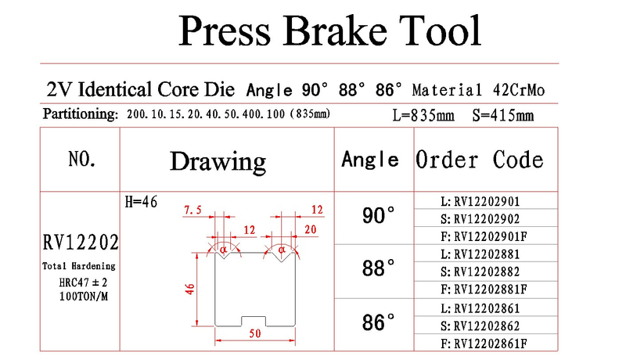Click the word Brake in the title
click(x=335, y=31)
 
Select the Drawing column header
click(x=218, y=162)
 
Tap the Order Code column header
click(x=480, y=160)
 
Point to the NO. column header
click(x=82, y=159)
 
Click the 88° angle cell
click(x=379, y=268)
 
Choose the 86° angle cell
click(x=379, y=322)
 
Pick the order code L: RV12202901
click(x=480, y=202)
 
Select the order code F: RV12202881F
click(x=484, y=289)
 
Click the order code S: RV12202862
click(x=480, y=326)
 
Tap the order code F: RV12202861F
click(x=484, y=344)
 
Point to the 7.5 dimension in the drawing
click(x=192, y=210)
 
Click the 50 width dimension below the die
click(x=255, y=333)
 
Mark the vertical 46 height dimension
click(x=189, y=290)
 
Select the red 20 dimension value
click(x=310, y=229)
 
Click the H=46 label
click(x=141, y=202)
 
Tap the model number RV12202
click(x=81, y=243)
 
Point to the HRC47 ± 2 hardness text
click(x=83, y=283)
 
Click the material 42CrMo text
click(x=519, y=90)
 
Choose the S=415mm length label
click(x=503, y=116)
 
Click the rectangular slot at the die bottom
click(x=254, y=322)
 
